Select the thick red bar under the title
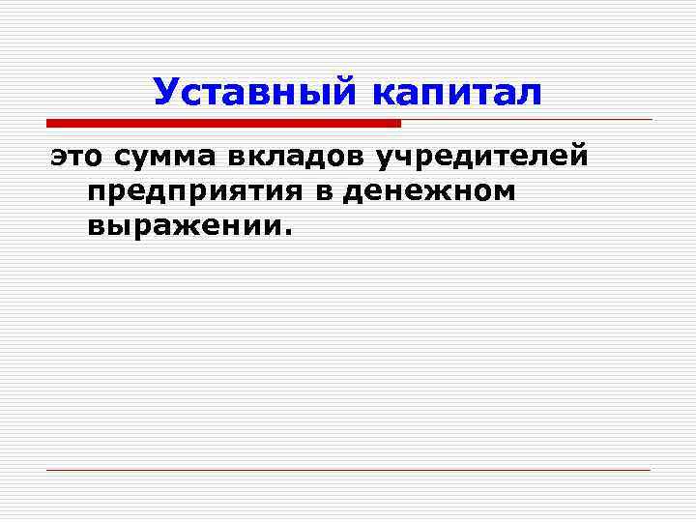tap(223, 123)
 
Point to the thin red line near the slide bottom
tap(348, 470)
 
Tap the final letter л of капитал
tap(532, 94)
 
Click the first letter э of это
tap(58, 156)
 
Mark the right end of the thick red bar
tap(397, 123)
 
